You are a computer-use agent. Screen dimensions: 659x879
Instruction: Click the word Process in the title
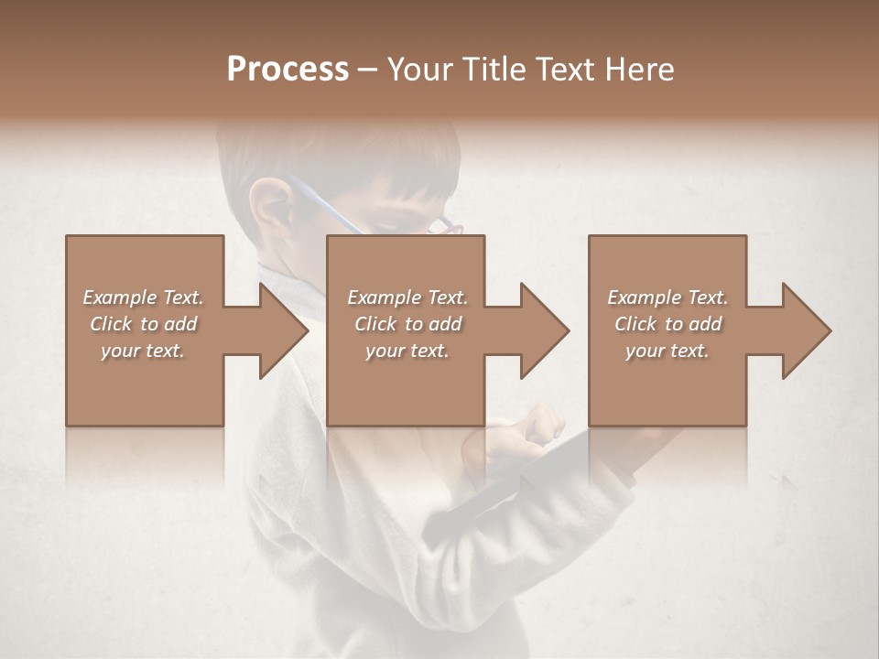tap(288, 70)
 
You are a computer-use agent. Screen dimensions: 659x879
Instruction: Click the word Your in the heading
tap(422, 70)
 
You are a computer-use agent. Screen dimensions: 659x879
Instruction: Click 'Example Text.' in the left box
tap(143, 297)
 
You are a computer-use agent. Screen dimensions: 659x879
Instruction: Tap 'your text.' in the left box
tap(143, 351)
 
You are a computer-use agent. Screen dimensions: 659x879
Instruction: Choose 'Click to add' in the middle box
tap(407, 324)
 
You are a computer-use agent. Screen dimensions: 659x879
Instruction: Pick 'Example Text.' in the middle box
tap(407, 297)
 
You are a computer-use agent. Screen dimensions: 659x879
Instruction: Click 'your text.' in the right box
tap(667, 351)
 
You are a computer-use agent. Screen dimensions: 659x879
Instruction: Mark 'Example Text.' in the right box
tap(667, 297)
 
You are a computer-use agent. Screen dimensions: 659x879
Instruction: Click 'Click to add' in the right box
tap(667, 324)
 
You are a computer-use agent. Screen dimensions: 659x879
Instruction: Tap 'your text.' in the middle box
tap(407, 351)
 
